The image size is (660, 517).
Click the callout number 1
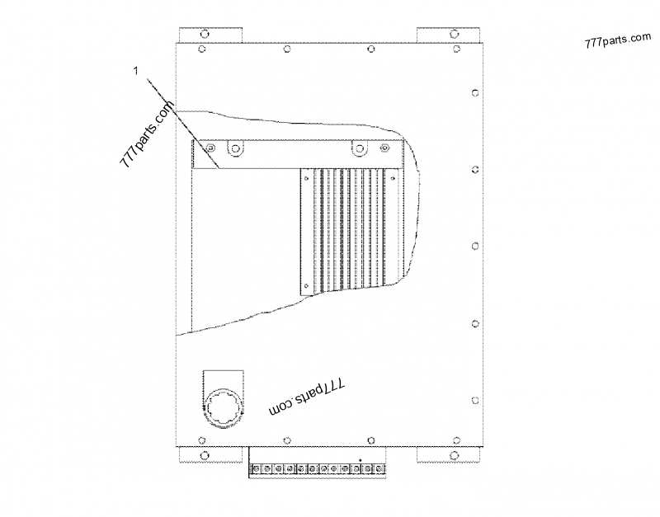pyautogui.click(x=135, y=72)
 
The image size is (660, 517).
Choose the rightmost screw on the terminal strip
pyautogui.click(x=381, y=469)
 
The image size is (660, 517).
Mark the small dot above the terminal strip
pyautogui.click(x=361, y=458)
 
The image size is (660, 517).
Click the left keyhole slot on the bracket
pyautogui.click(x=236, y=149)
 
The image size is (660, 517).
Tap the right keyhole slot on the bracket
pyautogui.click(x=359, y=149)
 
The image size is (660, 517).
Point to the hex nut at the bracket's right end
pyautogui.click(x=384, y=148)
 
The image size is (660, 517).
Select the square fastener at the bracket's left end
pyautogui.click(x=210, y=148)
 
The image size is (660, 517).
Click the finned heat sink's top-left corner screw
pyautogui.click(x=306, y=177)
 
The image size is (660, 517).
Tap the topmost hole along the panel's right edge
pyautogui.click(x=474, y=92)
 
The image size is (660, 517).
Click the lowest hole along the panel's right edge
pyautogui.click(x=474, y=401)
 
